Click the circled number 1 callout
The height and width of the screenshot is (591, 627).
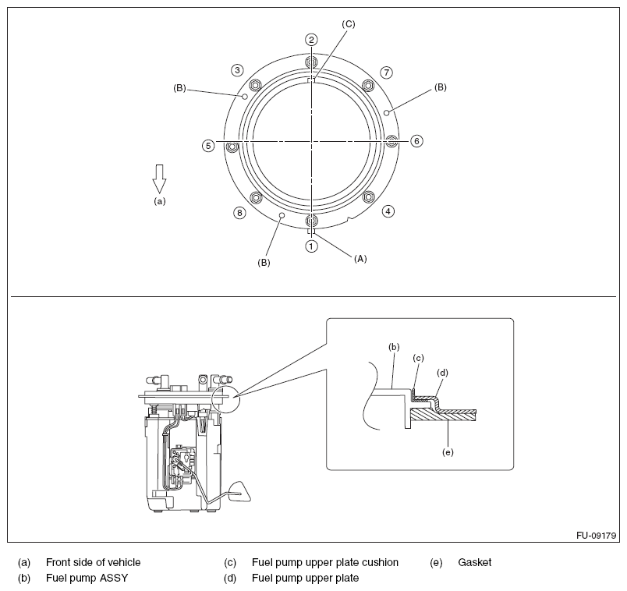click(x=311, y=246)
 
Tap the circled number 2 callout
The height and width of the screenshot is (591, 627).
click(x=311, y=40)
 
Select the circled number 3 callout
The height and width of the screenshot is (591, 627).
click(x=237, y=70)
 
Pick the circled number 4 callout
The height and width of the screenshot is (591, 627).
click(x=388, y=211)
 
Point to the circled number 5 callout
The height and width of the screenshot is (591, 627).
click(x=208, y=145)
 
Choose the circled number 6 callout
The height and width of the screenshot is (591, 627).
click(x=416, y=141)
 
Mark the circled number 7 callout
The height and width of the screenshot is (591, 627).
click(x=386, y=73)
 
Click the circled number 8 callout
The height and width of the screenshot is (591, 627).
click(x=239, y=212)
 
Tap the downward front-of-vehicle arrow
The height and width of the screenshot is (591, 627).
click(x=159, y=178)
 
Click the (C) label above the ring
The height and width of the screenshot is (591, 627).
click(x=348, y=24)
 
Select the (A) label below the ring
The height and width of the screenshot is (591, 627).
click(x=360, y=257)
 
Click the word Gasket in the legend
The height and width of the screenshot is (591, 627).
click(x=475, y=562)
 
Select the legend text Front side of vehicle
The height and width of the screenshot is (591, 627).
click(x=94, y=562)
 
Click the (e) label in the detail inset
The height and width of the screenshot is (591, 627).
click(x=447, y=451)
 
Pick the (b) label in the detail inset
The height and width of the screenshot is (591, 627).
click(x=394, y=345)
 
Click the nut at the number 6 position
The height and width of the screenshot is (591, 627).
click(x=392, y=141)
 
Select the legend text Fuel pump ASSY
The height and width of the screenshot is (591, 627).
click(x=87, y=579)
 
